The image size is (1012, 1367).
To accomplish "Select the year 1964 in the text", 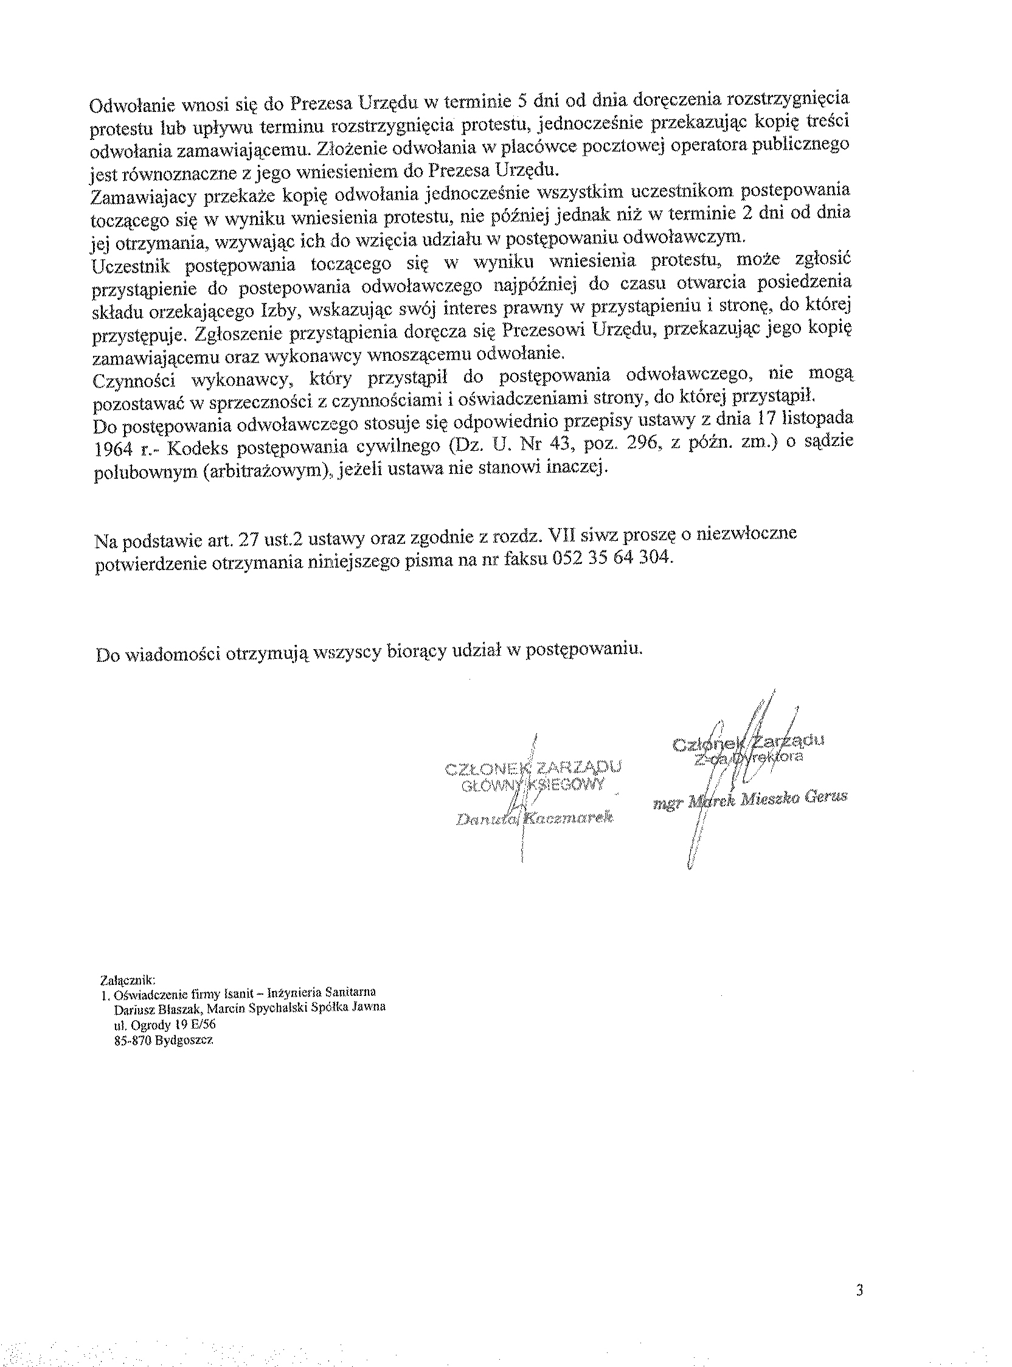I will coord(114,449).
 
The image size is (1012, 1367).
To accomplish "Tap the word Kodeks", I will coord(197,448).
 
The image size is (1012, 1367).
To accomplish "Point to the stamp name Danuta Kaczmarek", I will coord(534,819).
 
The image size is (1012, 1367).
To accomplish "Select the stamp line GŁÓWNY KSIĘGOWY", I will coord(533,785).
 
